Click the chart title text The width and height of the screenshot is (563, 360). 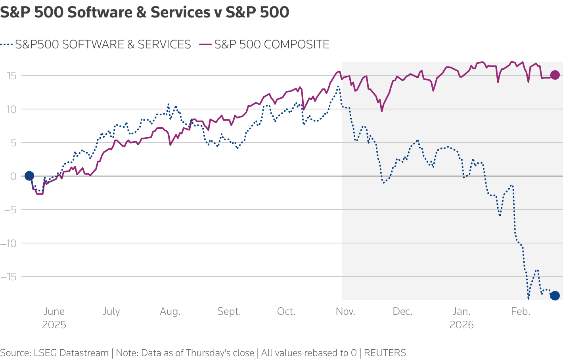click(145, 13)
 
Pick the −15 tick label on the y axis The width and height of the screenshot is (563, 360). click(10, 276)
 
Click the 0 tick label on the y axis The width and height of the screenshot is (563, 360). click(13, 176)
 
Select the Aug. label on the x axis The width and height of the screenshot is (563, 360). click(170, 312)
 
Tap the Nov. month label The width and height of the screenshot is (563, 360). click(345, 312)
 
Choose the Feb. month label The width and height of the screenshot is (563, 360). click(521, 312)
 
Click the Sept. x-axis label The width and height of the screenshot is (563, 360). click(229, 312)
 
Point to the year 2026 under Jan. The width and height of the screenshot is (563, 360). click(462, 325)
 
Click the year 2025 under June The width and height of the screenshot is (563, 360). click(54, 325)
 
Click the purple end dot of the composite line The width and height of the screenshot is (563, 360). click(555, 75)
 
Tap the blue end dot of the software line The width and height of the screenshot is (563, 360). click(555, 295)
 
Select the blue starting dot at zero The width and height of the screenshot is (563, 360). click(29, 176)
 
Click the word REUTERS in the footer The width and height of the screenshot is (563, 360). click(385, 353)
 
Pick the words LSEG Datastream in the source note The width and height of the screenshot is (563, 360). click(71, 353)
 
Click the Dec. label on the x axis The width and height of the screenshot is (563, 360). click(402, 312)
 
